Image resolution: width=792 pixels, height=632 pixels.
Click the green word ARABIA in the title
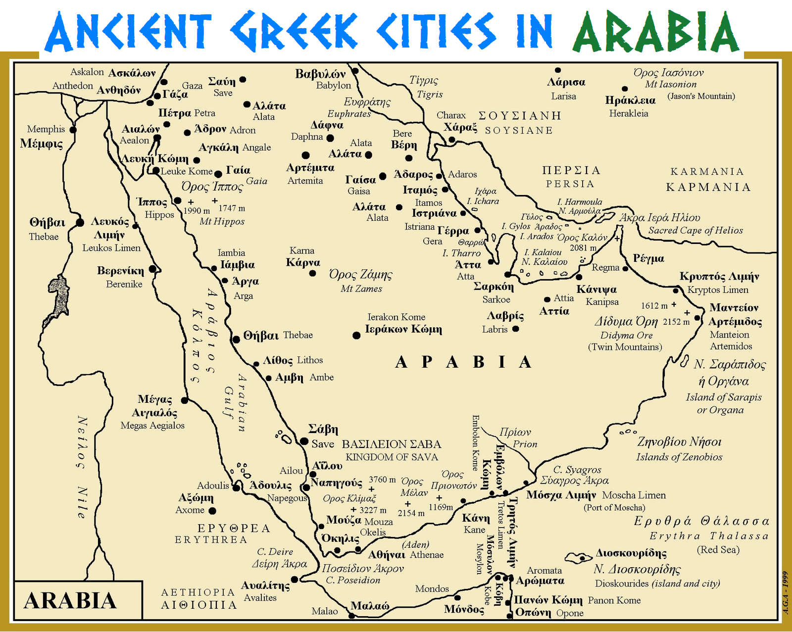[655, 32]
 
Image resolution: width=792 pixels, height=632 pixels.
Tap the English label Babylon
[333, 86]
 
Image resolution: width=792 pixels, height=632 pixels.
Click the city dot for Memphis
[73, 130]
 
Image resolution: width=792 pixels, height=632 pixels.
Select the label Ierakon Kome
[396, 317]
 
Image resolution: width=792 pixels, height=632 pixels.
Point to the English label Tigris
[430, 94]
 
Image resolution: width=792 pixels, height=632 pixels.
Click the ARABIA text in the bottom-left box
[70, 600]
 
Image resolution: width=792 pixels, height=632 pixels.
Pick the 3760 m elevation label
[382, 480]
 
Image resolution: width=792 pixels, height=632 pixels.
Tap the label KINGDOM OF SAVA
[392, 457]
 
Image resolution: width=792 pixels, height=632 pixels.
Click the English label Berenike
[124, 284]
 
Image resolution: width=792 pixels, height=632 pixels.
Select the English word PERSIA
[570, 184]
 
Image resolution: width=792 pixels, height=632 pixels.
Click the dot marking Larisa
[558, 70]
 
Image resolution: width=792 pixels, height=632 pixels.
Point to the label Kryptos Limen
[718, 290]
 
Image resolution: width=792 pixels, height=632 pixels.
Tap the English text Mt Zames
[361, 289]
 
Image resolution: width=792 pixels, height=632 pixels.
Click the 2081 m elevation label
[583, 247]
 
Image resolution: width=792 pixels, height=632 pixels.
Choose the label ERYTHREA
[211, 539]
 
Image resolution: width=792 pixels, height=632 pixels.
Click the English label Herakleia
[628, 113]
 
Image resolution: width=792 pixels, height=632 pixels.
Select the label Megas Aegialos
[152, 425]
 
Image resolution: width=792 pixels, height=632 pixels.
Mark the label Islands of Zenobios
[679, 457]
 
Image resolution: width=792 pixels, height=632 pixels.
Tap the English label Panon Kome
[614, 600]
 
